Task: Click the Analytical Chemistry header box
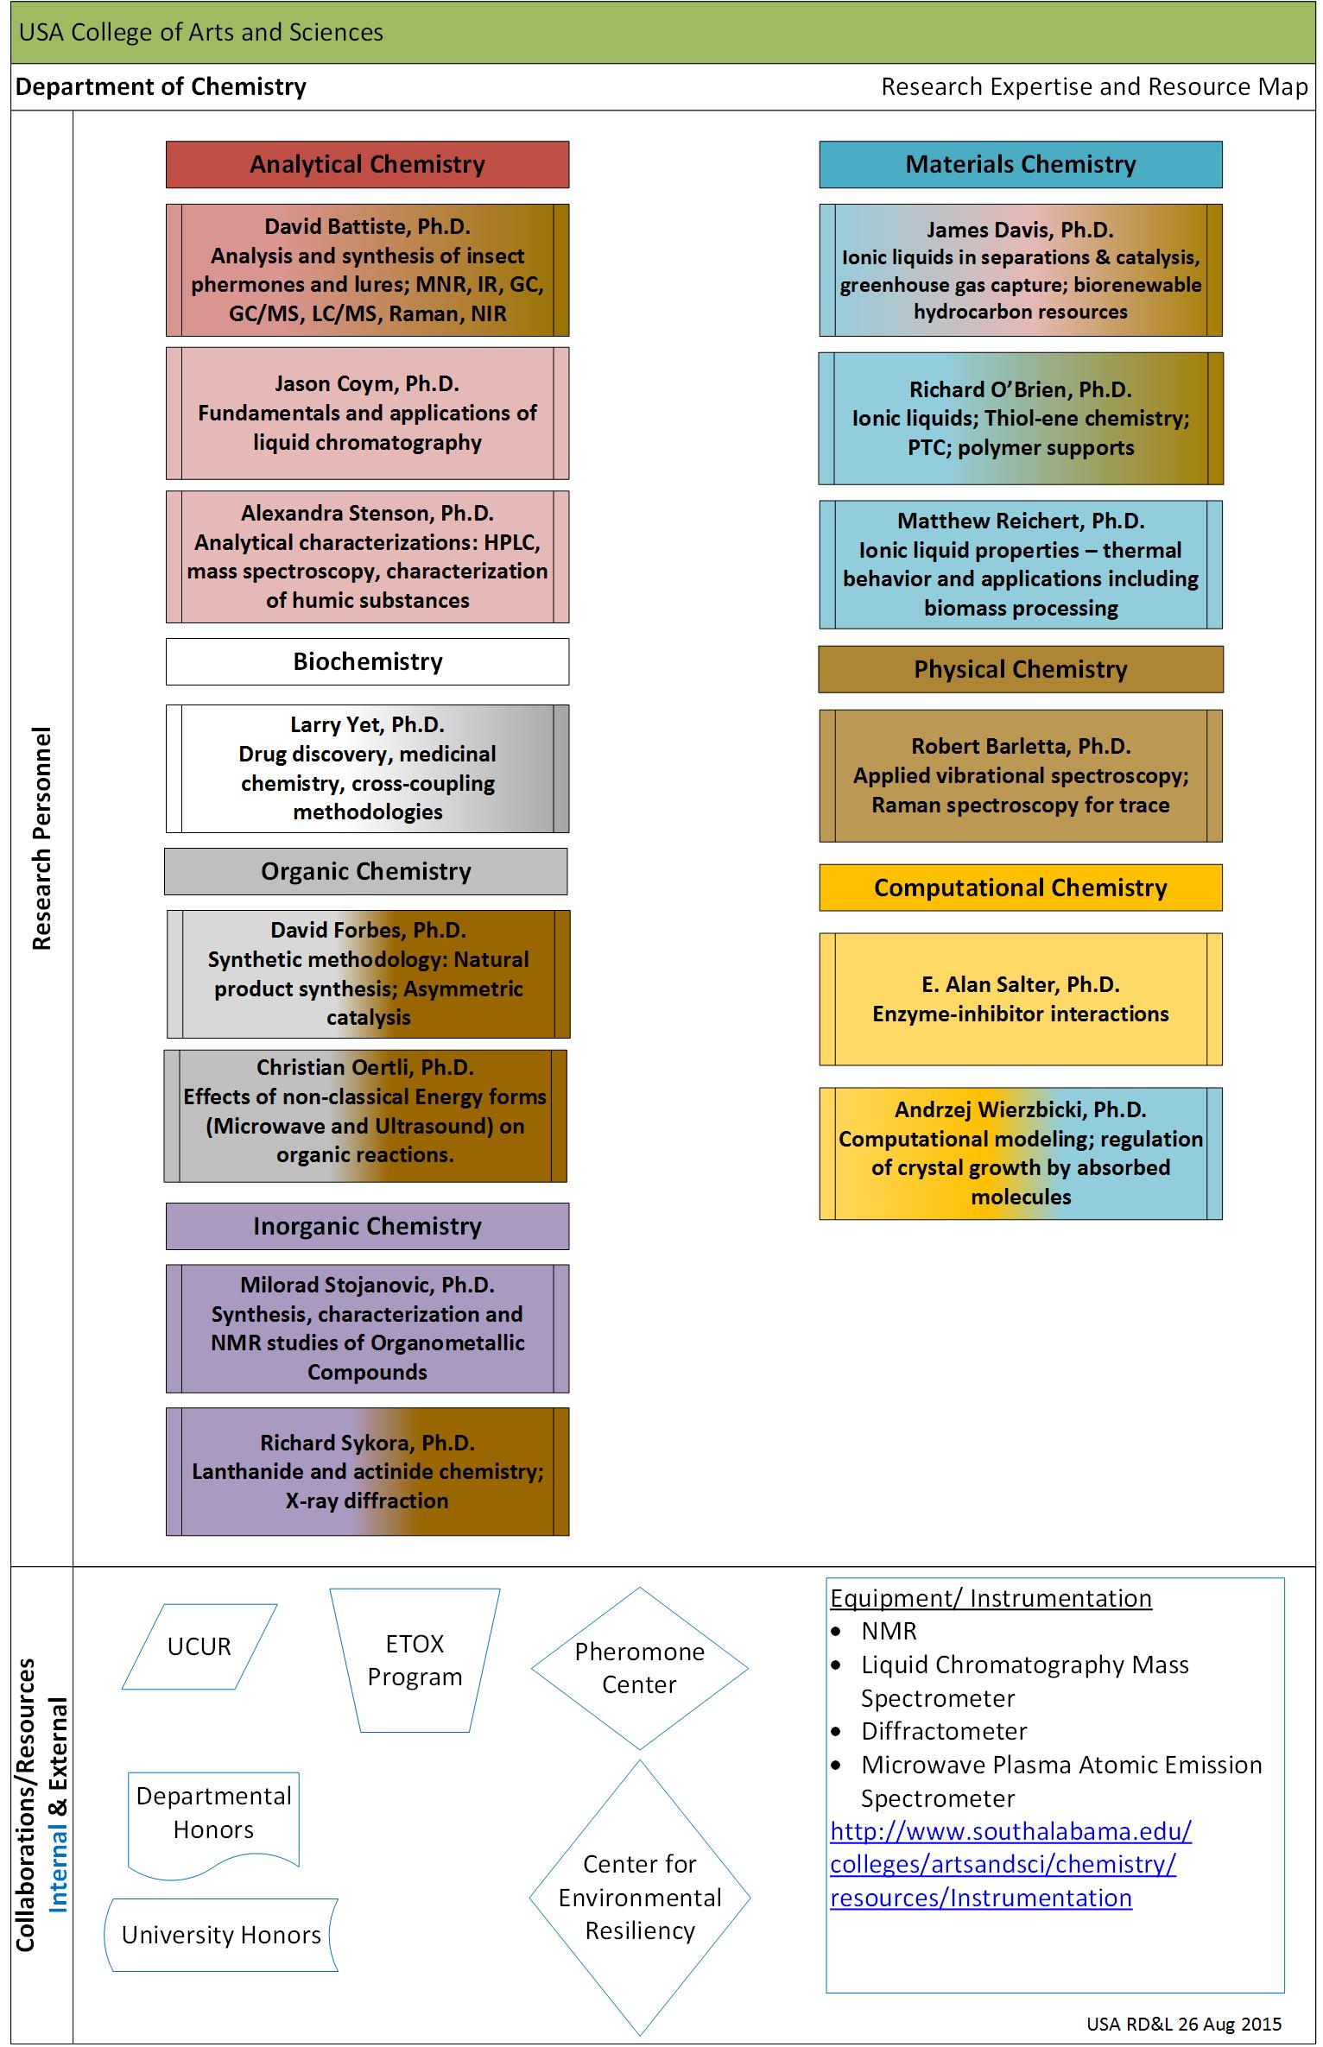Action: pyautogui.click(x=367, y=164)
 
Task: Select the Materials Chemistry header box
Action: pyautogui.click(x=1021, y=164)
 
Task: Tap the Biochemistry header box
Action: pyautogui.click(x=367, y=661)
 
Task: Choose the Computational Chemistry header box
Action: pyautogui.click(x=1021, y=888)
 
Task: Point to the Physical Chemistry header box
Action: pyautogui.click(x=1021, y=669)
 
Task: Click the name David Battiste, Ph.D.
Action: pyautogui.click(x=367, y=226)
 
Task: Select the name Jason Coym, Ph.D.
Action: pyautogui.click(x=367, y=383)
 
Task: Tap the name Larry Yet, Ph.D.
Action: pyautogui.click(x=367, y=724)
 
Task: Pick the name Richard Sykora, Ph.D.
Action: pyautogui.click(x=367, y=1443)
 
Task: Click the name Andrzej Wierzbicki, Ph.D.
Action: pyautogui.click(x=1021, y=1109)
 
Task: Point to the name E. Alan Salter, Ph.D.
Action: pyautogui.click(x=1021, y=984)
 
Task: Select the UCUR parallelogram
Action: pyautogui.click(x=199, y=1646)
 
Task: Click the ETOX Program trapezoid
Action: pyautogui.click(x=415, y=1660)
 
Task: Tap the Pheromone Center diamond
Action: pyautogui.click(x=640, y=1668)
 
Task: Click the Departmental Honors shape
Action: pyautogui.click(x=213, y=1823)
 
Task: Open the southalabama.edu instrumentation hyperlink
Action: pyautogui.click(x=1010, y=1864)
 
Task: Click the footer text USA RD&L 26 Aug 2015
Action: pyautogui.click(x=1184, y=2024)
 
